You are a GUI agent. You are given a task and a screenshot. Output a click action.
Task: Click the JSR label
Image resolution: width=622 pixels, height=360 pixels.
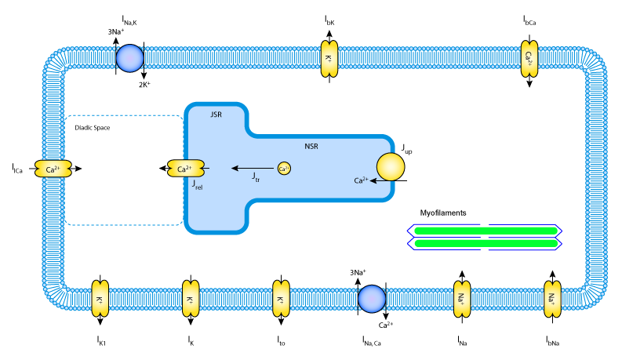pos(216,115)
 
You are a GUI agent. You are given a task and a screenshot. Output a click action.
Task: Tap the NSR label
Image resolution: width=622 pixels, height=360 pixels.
pos(311,147)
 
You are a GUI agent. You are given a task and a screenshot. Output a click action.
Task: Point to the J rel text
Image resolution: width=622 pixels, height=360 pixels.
pos(197,184)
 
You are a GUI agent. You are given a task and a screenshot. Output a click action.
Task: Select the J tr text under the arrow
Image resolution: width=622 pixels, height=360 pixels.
pos(256,178)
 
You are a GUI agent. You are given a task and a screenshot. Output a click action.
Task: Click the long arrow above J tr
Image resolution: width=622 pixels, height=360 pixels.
pos(253,168)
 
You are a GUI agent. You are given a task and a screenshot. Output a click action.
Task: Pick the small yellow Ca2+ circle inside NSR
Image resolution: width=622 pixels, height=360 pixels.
pos(284,169)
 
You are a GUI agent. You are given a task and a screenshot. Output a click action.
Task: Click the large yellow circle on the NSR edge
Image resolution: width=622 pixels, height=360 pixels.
pos(391,167)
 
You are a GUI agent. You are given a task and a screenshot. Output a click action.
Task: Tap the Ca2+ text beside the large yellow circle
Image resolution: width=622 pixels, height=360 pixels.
pos(360,181)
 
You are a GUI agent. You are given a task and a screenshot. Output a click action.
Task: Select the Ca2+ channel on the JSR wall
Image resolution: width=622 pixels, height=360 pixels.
pos(185,169)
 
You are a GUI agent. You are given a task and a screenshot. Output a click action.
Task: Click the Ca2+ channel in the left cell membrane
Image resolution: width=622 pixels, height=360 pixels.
pos(53,169)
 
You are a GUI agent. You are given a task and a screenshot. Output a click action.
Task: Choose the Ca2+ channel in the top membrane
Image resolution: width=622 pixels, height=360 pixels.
pos(529,59)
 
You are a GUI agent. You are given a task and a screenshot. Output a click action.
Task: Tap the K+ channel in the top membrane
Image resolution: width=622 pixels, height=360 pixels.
pos(329,59)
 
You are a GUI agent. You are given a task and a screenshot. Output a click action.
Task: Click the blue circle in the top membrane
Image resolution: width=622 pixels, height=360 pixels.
pos(130,58)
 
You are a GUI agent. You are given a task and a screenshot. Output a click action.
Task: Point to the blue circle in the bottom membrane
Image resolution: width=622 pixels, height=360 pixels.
pos(372,299)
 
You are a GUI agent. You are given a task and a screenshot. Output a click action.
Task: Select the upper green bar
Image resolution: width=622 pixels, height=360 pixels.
pos(486,231)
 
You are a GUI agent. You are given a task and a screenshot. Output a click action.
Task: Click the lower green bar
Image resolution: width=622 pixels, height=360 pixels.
pos(486,243)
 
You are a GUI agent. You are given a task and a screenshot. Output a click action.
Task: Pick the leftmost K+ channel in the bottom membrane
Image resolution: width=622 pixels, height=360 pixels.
pos(100,299)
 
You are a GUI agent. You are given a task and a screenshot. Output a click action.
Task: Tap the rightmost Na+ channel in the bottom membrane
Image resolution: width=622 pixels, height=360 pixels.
pos(552,299)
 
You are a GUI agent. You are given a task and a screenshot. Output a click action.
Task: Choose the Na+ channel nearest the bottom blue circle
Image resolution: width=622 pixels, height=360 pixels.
pos(462,299)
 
